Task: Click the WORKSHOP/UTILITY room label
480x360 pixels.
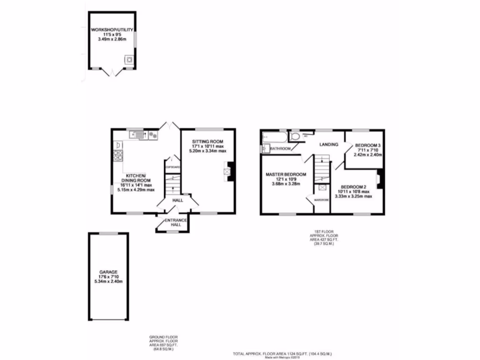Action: click(x=112, y=30)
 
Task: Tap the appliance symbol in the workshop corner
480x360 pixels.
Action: click(x=128, y=60)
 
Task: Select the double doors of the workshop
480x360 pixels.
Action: click(x=112, y=72)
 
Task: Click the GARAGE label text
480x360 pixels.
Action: click(x=108, y=272)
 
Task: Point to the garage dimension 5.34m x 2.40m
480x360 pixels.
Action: click(x=108, y=282)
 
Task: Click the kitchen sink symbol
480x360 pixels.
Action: click(x=138, y=135)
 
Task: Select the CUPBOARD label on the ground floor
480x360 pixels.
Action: click(x=172, y=167)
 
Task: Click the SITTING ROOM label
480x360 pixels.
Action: click(x=207, y=141)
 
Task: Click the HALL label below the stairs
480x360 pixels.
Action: click(x=178, y=201)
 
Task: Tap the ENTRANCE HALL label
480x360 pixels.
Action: click(x=175, y=222)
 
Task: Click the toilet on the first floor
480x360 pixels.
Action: click(x=295, y=136)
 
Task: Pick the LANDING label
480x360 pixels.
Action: click(x=329, y=144)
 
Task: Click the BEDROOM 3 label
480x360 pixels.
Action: click(x=367, y=145)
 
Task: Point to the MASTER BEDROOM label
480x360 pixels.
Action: click(x=286, y=174)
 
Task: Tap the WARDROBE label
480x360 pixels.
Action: click(x=322, y=200)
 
